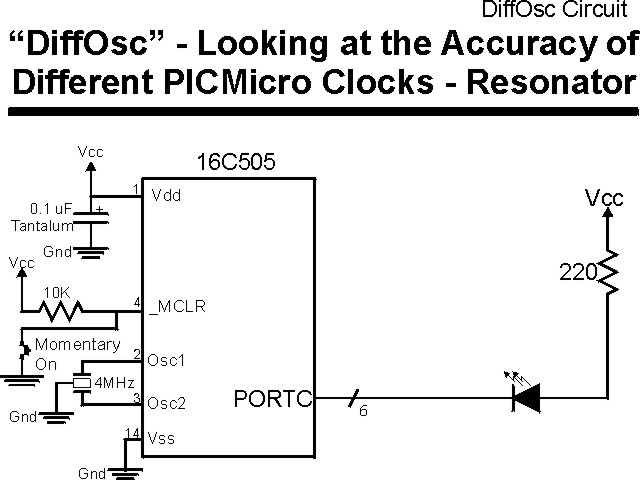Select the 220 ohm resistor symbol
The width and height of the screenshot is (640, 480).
coord(606,273)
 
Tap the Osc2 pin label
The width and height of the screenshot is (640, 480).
coord(167,404)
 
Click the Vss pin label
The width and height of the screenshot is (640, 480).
coord(164,437)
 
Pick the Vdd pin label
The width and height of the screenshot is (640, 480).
coord(166,196)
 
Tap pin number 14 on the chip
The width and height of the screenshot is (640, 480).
coord(132,432)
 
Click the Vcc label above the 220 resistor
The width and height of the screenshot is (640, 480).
coord(604,199)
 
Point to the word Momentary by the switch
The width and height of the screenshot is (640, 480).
coord(77,345)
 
